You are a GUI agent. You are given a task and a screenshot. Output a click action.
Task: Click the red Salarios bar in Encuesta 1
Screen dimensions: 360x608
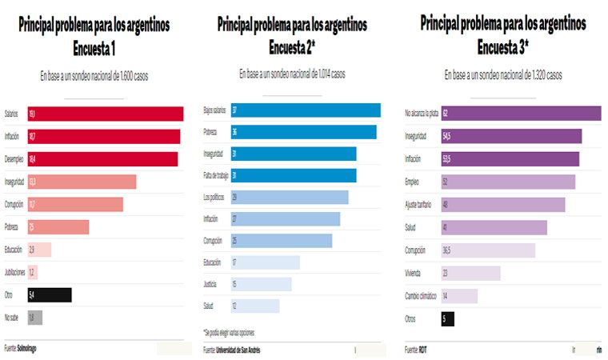click(105, 114)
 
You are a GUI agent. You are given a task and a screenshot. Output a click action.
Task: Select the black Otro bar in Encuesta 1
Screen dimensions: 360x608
click(49, 295)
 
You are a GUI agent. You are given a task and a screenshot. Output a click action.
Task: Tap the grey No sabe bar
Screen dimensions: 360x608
click(34, 318)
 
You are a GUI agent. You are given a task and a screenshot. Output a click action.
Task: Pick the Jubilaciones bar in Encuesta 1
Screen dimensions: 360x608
click(32, 272)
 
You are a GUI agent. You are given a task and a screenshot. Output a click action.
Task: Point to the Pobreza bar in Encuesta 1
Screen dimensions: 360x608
click(58, 227)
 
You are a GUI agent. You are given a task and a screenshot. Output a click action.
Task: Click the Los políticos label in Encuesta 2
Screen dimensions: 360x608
click(214, 197)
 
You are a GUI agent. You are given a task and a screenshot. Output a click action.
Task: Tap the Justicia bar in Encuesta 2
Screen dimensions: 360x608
click(261, 284)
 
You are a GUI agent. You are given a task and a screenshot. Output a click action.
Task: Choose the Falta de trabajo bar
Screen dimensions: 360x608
click(294, 175)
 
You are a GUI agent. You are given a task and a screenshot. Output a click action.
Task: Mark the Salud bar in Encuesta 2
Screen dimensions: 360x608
click(254, 306)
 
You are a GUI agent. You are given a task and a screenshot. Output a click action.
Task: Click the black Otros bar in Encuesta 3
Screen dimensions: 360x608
click(447, 319)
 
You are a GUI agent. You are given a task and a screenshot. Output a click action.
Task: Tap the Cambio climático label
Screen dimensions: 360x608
click(421, 296)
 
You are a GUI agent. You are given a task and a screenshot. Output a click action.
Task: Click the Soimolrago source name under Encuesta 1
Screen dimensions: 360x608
click(26, 348)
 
